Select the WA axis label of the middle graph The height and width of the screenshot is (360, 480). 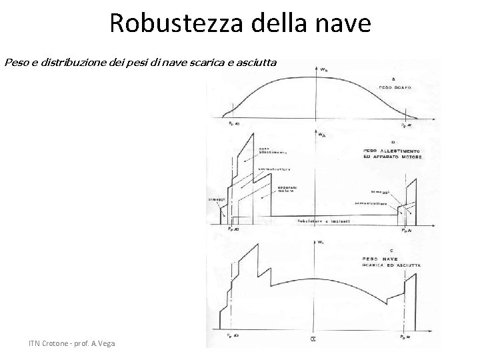(321, 135)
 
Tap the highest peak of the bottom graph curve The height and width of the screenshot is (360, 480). (257, 245)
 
